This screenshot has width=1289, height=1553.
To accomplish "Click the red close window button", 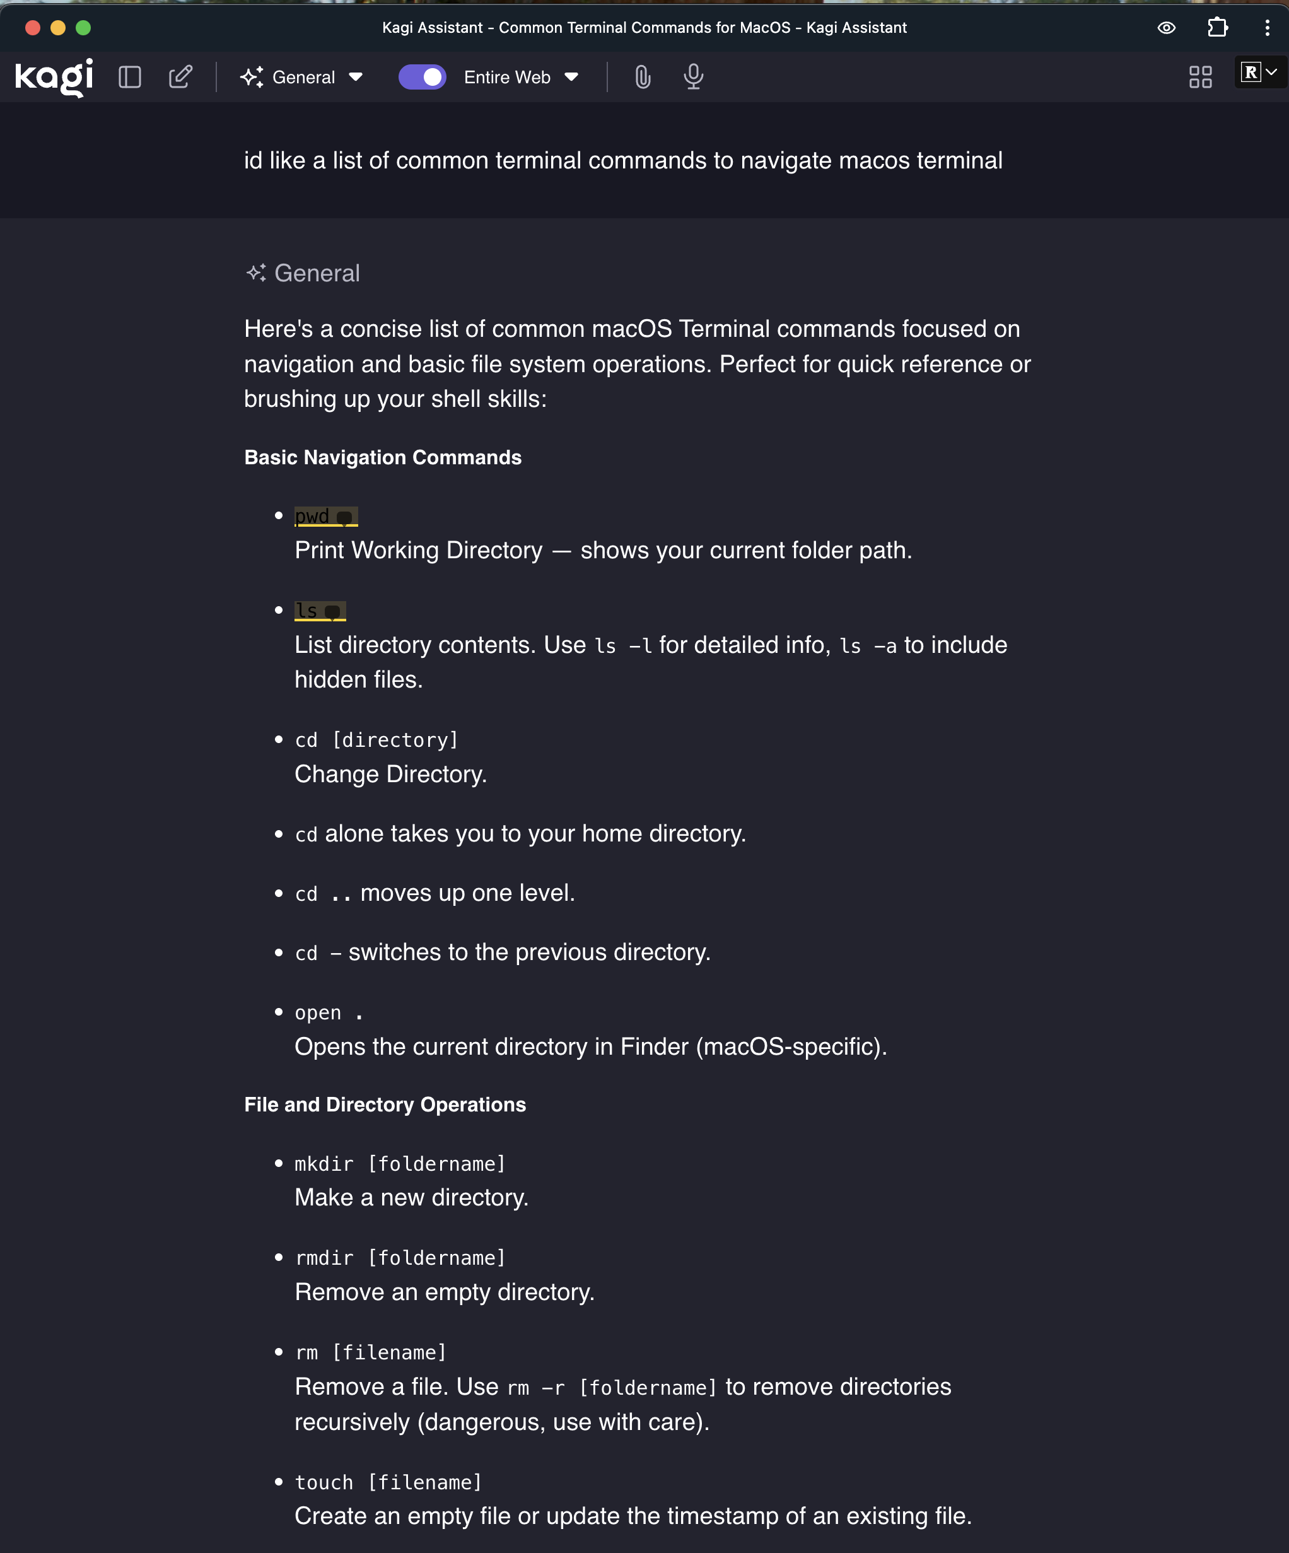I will (x=33, y=28).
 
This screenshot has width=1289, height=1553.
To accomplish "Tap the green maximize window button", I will (x=84, y=28).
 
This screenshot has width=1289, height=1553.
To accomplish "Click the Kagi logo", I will (x=54, y=77).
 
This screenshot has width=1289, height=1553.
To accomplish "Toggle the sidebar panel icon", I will (x=130, y=77).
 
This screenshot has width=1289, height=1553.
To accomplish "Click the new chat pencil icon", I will (x=180, y=77).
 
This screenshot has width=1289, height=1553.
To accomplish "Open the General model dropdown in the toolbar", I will (x=301, y=77).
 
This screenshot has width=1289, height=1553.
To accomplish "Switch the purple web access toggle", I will (x=423, y=77).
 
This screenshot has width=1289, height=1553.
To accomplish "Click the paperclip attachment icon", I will (x=643, y=77).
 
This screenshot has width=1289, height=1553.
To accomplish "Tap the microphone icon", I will (x=693, y=77).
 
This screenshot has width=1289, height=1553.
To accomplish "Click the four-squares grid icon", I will (x=1200, y=77).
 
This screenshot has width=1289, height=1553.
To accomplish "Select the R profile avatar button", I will (x=1259, y=73).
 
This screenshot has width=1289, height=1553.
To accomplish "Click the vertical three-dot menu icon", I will (x=1268, y=28).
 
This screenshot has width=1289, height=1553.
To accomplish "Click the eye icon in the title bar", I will (x=1166, y=28).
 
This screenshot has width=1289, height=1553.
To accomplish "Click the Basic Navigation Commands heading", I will (x=383, y=458).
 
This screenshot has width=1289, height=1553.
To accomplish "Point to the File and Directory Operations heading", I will (x=385, y=1105).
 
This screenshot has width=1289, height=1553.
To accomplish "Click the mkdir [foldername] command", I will (x=400, y=1164).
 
